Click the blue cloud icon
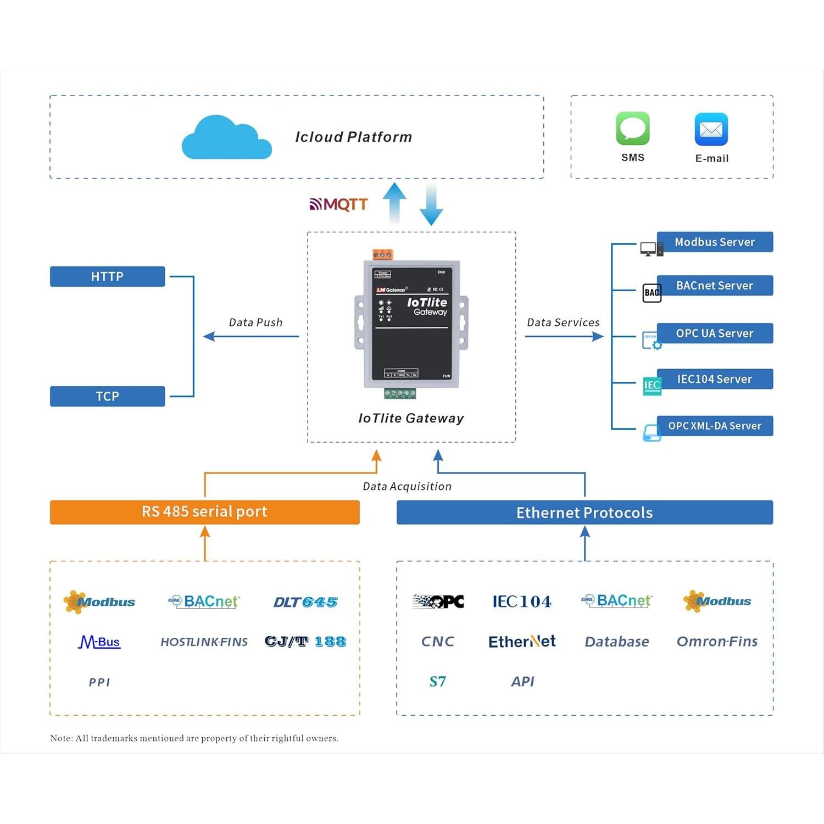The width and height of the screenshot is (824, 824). (x=226, y=138)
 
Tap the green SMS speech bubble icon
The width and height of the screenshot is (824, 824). (x=633, y=129)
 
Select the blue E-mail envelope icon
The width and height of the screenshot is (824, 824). (x=711, y=130)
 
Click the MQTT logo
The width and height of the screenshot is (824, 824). (x=338, y=204)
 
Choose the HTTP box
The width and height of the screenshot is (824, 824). (x=107, y=276)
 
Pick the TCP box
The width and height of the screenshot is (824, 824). (x=107, y=396)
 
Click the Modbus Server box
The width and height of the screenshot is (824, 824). (x=714, y=242)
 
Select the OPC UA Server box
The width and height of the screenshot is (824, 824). (x=714, y=333)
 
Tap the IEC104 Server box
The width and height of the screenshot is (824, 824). (x=714, y=379)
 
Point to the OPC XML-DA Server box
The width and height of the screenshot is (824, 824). (x=714, y=426)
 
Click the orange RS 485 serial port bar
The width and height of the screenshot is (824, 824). (x=204, y=512)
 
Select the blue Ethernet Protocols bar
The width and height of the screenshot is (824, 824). (x=584, y=513)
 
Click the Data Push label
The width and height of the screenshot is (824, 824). (x=255, y=322)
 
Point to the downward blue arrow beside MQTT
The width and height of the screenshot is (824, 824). (x=431, y=206)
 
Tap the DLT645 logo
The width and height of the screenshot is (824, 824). (x=305, y=602)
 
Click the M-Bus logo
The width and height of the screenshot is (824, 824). (x=99, y=642)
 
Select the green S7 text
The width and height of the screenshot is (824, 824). (x=437, y=682)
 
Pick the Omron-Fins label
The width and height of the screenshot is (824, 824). (x=717, y=642)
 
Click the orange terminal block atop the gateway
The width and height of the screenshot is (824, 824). (x=382, y=254)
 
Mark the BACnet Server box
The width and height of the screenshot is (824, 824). (x=714, y=286)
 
